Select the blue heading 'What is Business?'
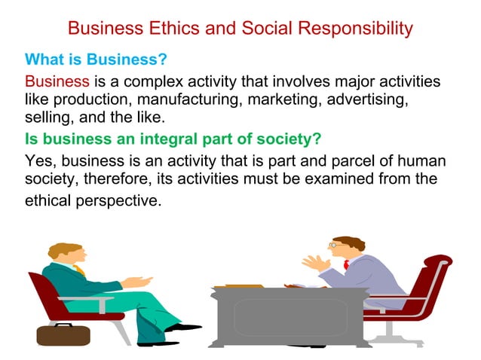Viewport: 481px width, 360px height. (95, 59)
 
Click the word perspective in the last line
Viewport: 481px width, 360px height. (121, 201)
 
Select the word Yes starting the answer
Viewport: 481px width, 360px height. (38, 160)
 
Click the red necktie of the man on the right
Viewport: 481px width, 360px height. (346, 264)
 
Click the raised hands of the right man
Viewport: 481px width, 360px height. (315, 263)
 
